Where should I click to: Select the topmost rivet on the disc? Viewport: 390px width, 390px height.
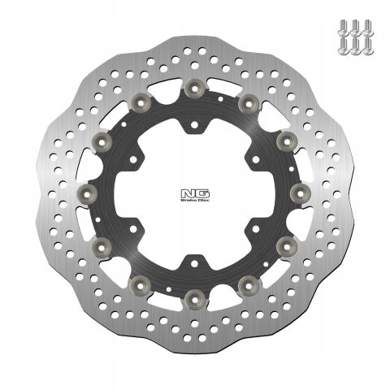tap(193, 87)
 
